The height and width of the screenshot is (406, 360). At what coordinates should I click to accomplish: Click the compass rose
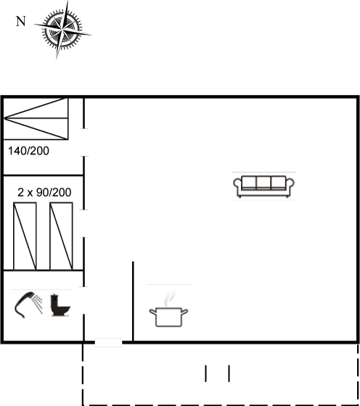pos(62,29)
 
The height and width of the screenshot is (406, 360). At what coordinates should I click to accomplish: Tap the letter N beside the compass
pos(21,21)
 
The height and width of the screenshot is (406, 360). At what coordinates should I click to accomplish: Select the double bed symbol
pos(36,119)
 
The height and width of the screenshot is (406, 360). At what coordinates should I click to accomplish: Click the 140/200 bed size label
pos(28,151)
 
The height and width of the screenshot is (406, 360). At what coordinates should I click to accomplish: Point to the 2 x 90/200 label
pos(44,192)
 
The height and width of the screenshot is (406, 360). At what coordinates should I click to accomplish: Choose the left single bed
pos(25,236)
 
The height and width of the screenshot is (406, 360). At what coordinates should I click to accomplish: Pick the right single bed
pos(61,236)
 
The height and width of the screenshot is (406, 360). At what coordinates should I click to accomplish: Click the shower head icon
pos(28,304)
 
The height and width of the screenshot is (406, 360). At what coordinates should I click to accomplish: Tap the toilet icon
pos(60,304)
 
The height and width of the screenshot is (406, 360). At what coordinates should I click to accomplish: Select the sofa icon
pos(263,186)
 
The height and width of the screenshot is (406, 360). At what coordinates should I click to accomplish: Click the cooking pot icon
pos(168,317)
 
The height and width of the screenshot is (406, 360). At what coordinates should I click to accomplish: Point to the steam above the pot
pos(169,298)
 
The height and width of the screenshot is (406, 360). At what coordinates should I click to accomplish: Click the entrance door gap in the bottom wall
pos(108,342)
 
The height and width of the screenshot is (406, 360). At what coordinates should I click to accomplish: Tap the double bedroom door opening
pos(83,142)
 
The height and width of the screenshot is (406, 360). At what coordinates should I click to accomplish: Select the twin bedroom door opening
pos(83,223)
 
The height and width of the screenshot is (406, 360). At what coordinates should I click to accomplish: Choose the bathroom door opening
pos(83,300)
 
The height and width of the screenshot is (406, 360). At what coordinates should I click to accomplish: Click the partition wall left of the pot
pos(133,302)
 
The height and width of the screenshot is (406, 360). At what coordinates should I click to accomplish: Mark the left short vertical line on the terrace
pos(205,373)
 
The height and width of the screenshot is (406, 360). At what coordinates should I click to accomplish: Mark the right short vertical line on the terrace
pos(229,373)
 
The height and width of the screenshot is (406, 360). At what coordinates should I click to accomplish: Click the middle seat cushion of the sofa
pos(263,182)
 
